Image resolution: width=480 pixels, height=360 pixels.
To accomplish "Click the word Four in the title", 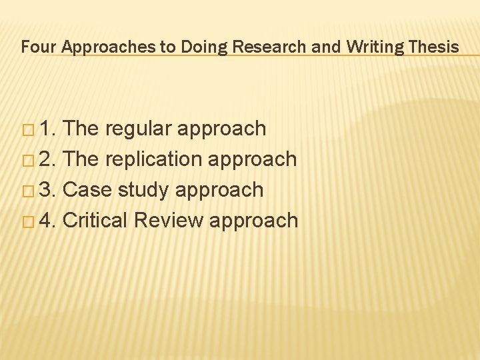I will [x=35, y=47].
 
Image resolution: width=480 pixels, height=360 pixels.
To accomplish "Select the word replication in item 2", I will [x=157, y=159].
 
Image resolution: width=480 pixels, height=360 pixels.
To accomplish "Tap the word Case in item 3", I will [x=87, y=190].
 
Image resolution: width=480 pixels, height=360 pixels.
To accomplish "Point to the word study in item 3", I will [x=143, y=190].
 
